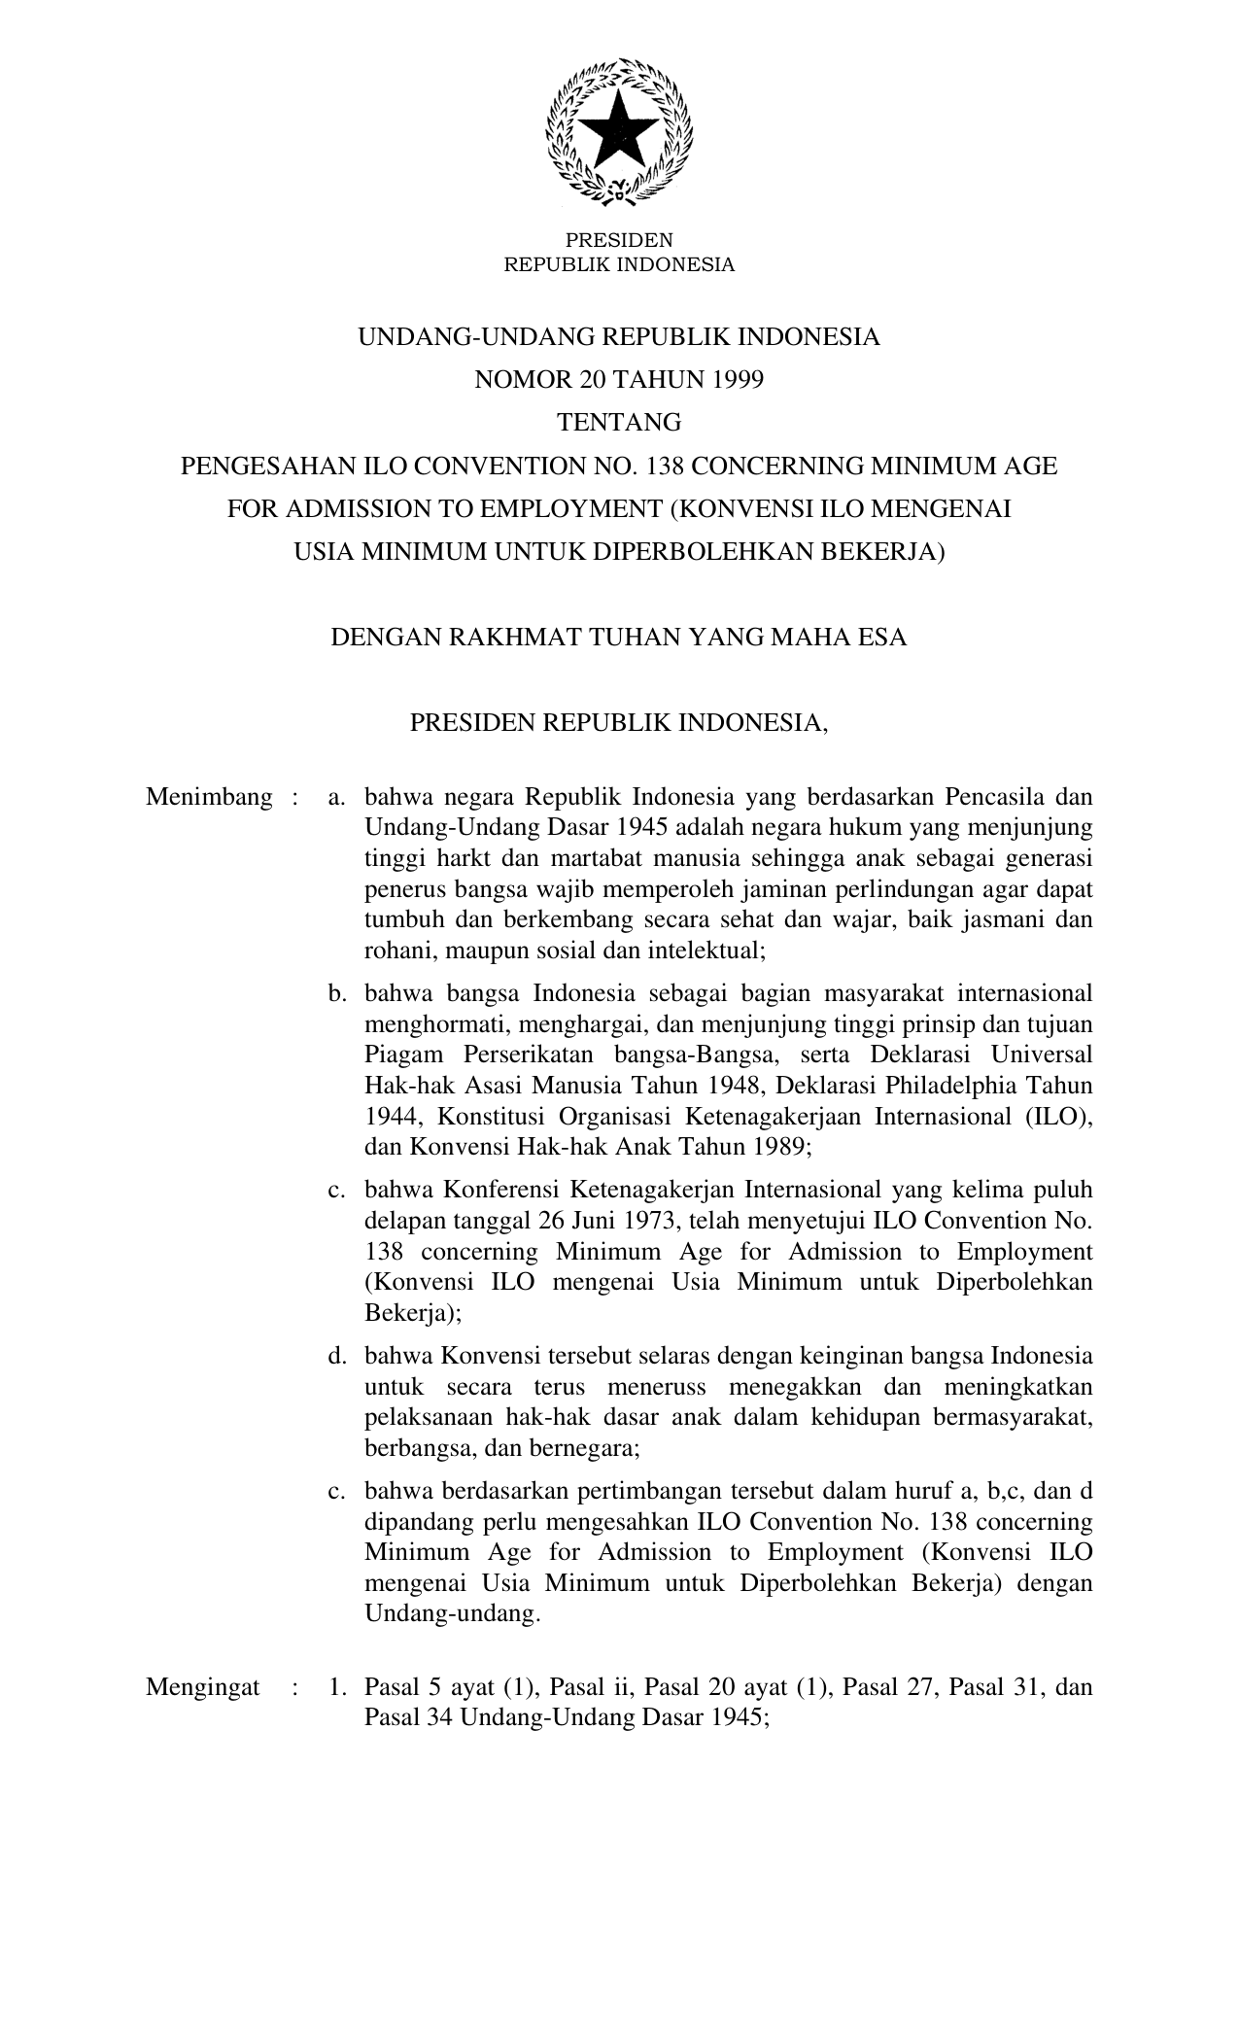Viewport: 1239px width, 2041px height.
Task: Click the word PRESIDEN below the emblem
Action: [x=619, y=240]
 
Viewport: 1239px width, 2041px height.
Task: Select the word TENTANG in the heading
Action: [x=619, y=423]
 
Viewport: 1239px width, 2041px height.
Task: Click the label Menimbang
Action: [x=209, y=798]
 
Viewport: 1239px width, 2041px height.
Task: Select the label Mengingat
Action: [x=203, y=1686]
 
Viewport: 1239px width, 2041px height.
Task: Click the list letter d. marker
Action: [x=337, y=1355]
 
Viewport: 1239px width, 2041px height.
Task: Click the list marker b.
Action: [x=337, y=993]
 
